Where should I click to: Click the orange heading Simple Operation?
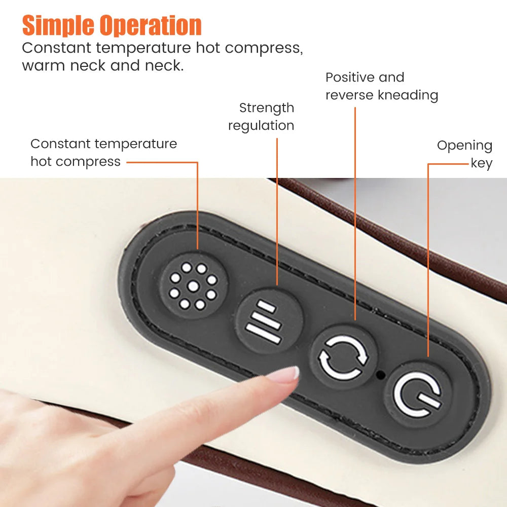112,25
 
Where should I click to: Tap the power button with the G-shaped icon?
417,394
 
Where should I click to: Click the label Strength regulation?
262,117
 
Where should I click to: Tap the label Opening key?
465,154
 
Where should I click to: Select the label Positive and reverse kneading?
381,86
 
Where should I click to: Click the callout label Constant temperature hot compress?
103,152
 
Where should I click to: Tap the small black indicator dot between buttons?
381,376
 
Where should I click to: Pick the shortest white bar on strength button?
267,307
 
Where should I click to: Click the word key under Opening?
482,163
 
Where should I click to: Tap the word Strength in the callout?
267,108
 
